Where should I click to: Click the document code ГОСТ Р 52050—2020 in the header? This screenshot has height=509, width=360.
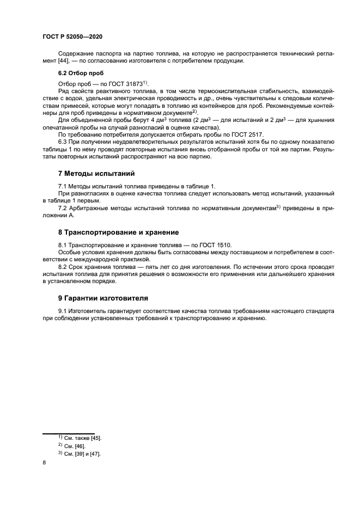tap(72, 36)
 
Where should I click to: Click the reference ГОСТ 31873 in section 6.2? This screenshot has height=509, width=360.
tap(125, 83)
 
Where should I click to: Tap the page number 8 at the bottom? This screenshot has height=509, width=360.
tap(44, 463)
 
